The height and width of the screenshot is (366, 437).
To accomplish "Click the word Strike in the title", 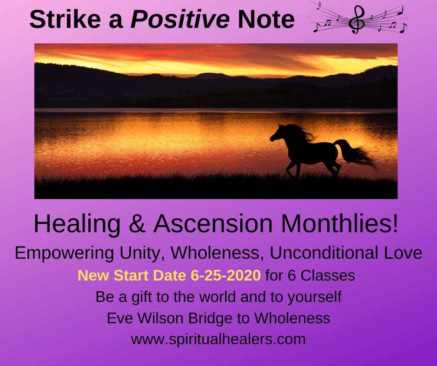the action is coord(65,19).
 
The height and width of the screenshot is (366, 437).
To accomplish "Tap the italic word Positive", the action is coord(180,19).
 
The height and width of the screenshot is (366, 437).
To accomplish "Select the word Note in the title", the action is coord(266,19).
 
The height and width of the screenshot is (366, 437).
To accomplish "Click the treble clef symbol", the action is coord(357,20).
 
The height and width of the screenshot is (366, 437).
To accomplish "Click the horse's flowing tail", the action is coord(355,153).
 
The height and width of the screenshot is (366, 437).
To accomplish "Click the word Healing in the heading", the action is coord(77,224).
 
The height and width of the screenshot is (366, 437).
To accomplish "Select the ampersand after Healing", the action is coord(137,224).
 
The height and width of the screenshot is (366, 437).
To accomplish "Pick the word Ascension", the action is coord(213,224).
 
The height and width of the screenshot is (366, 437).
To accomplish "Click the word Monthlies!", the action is coord(339,224).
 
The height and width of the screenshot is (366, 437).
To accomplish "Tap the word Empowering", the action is coord(64,253).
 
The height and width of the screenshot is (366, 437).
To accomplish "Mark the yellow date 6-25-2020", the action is coord(226,275).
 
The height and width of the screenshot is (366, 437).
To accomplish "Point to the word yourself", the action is coord(315,297).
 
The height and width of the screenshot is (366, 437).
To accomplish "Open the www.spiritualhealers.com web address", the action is coord(218,340).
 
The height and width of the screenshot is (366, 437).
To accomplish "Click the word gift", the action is coord(142,297).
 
